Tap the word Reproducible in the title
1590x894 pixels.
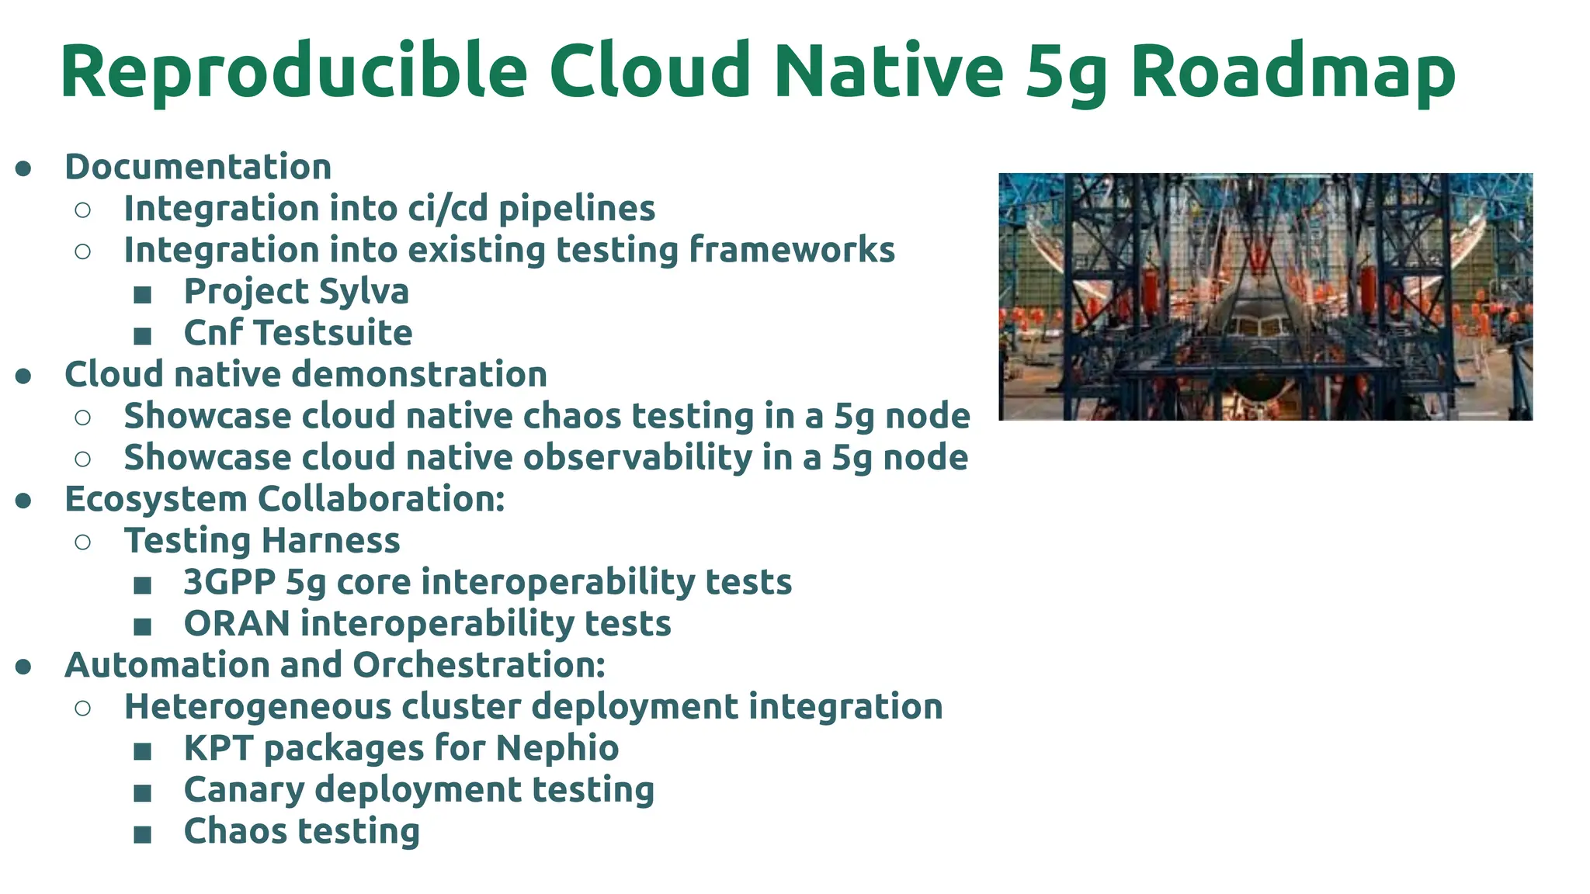point(293,71)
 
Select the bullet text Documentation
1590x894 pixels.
point(198,167)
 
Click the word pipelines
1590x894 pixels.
point(577,209)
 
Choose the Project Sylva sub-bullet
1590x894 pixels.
point(296,292)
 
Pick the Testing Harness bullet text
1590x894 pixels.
point(262,541)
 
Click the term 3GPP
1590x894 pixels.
point(229,582)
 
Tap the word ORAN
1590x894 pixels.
point(237,624)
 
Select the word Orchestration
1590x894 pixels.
point(478,665)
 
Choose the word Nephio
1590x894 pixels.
point(557,748)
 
